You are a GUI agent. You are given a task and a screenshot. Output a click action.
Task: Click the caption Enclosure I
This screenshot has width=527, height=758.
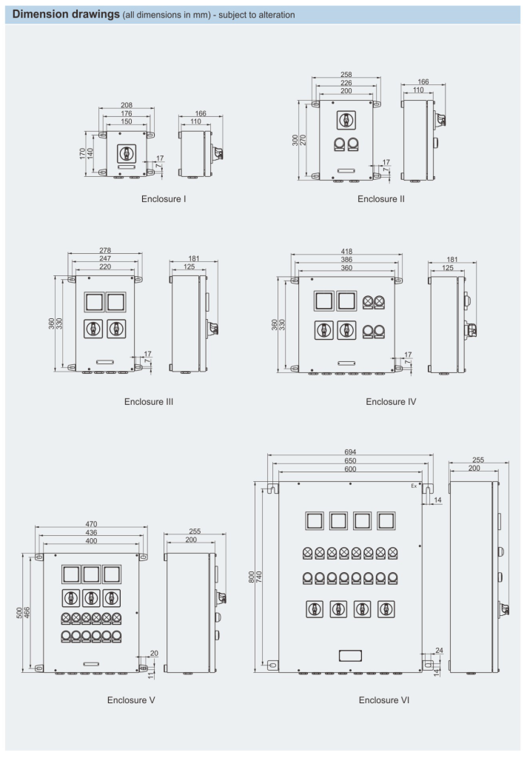tap(164, 199)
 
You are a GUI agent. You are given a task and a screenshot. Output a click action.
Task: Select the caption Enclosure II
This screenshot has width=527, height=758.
tap(380, 198)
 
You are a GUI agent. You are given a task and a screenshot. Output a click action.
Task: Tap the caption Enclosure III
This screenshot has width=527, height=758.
tap(149, 402)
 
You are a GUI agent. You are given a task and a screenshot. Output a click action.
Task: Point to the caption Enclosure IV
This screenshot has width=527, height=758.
tap(391, 402)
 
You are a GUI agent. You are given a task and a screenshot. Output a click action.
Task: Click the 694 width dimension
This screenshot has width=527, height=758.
tap(348, 451)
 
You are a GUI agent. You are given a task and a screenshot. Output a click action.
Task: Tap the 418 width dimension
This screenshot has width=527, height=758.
tap(346, 251)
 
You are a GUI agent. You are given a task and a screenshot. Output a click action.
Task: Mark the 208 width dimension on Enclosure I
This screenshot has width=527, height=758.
tap(127, 106)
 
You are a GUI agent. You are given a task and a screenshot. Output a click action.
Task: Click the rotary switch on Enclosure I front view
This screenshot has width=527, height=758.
tap(127, 152)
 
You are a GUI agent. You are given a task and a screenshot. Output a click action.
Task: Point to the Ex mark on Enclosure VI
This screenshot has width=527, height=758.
tap(414, 486)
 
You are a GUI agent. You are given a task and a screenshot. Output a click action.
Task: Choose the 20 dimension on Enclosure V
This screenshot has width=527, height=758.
tap(153, 653)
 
